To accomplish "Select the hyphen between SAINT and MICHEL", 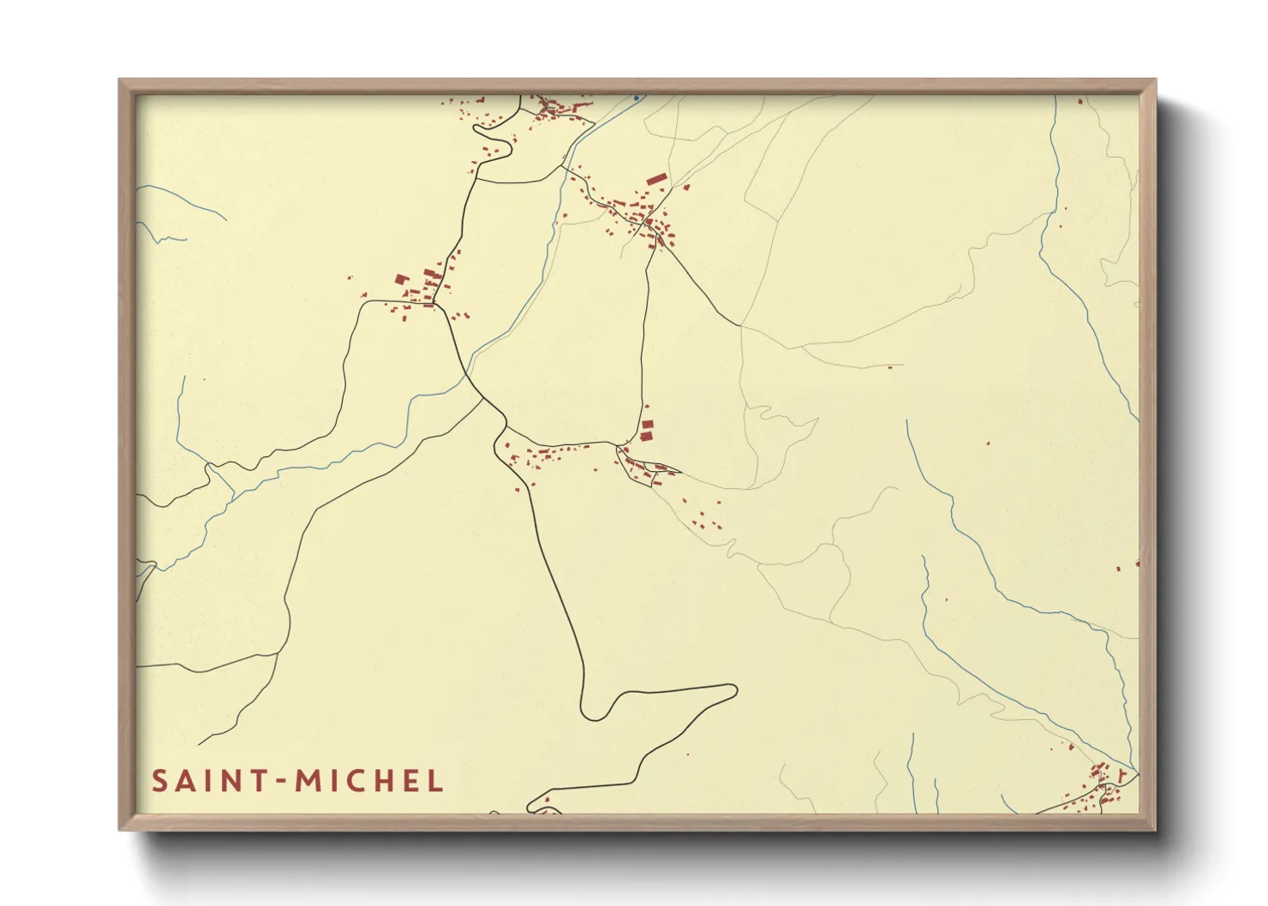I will coord(282,781).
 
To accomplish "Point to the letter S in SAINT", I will coord(158,780).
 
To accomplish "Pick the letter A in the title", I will coord(182,780).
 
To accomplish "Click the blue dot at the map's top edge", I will coord(636,98).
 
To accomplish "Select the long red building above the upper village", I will coord(656,179).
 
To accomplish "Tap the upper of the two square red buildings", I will coord(648,425).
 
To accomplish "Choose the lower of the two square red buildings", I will coord(646,436).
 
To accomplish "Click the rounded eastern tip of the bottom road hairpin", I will coord(735,689).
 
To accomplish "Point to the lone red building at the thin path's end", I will coord(889,367).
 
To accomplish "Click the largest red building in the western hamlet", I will coord(399,278).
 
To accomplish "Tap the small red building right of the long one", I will coord(686,187).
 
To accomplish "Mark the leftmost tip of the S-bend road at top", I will coord(475,128).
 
